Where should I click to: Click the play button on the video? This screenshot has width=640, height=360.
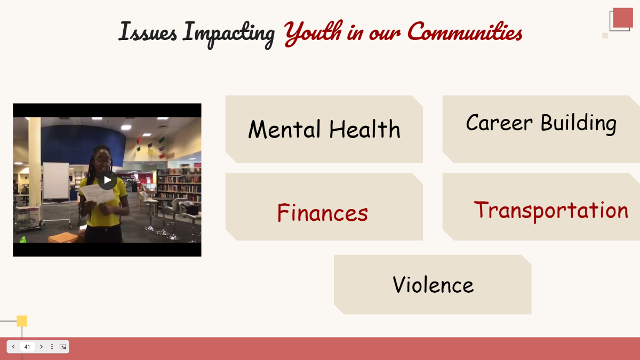point(107,180)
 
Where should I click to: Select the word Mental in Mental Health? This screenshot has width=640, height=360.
point(285,130)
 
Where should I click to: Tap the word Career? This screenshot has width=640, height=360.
point(499,123)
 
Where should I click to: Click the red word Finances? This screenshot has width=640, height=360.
point(322,213)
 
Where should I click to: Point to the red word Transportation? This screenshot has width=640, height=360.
point(551,210)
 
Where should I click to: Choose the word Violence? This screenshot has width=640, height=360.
point(433,285)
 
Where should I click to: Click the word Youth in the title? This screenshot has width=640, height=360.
point(313,32)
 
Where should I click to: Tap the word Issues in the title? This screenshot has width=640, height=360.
point(148,32)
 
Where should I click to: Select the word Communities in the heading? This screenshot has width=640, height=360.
point(465,32)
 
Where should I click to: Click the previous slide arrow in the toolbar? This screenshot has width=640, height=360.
point(13,347)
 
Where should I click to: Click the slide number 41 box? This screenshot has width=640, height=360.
point(27,347)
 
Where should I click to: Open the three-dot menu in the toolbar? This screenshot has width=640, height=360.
point(52,347)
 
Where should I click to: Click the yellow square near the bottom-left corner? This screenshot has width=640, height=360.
point(22,321)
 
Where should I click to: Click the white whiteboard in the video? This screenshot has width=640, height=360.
point(55,181)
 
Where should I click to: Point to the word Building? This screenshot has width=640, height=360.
point(578,123)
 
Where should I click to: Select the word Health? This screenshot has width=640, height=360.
point(364,130)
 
